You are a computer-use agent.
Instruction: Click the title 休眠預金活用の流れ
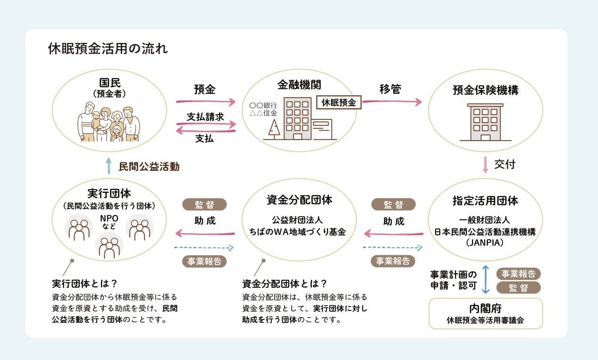tap(108, 49)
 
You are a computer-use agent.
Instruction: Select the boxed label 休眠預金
tap(339, 102)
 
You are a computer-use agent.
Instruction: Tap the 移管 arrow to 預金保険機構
tap(392, 101)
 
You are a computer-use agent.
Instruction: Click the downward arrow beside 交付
tap(485, 165)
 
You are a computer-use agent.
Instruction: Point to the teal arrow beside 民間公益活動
tap(109, 166)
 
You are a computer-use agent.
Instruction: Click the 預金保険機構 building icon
tap(485, 122)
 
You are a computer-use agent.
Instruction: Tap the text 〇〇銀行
tap(263, 106)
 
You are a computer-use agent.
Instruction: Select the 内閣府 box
tap(486, 314)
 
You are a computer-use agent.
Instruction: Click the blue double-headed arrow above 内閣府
tap(486, 279)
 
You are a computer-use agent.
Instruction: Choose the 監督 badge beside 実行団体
tap(204, 205)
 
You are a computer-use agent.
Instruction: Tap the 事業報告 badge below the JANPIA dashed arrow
tap(393, 261)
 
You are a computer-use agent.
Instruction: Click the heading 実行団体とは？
tap(84, 284)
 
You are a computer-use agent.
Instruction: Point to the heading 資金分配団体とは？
tap(284, 284)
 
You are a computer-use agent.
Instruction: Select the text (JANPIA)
tap(485, 243)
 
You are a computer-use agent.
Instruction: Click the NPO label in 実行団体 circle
tap(109, 218)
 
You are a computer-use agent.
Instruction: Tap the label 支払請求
tap(205, 117)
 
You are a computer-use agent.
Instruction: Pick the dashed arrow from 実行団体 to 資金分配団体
tap(204, 248)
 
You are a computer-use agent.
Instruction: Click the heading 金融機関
tap(299, 84)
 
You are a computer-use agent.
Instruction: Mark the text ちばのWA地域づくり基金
tap(298, 232)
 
